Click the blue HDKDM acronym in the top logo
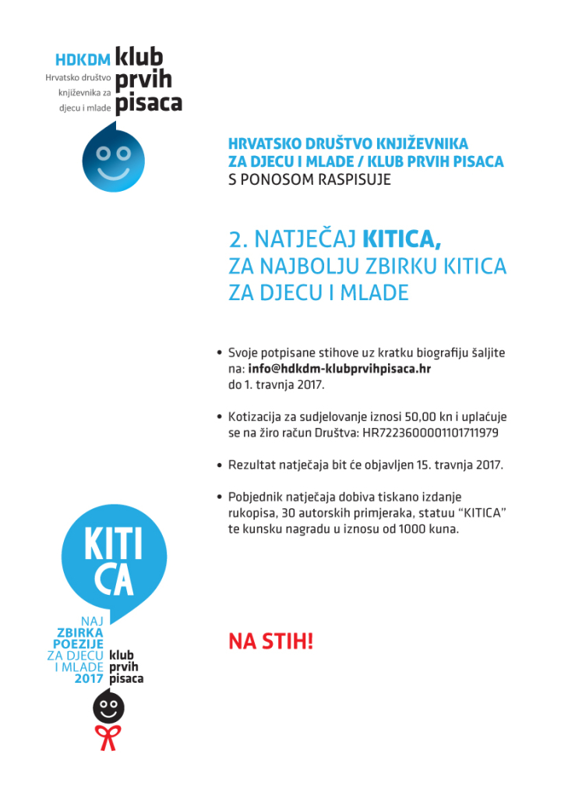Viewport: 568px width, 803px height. click(x=83, y=59)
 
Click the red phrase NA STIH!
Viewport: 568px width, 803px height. click(x=270, y=642)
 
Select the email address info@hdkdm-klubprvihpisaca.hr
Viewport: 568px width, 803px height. click(x=340, y=369)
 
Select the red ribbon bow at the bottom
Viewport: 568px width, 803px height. click(x=109, y=737)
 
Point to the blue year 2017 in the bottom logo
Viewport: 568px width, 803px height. click(x=90, y=678)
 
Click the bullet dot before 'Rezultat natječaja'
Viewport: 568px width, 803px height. click(x=220, y=465)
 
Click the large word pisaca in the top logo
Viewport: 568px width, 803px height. click(x=148, y=102)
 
